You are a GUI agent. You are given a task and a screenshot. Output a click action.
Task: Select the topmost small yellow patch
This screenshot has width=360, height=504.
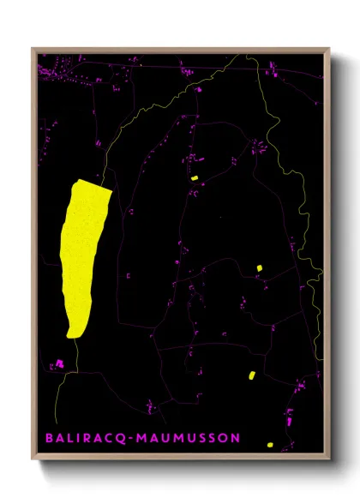[x=195, y=178]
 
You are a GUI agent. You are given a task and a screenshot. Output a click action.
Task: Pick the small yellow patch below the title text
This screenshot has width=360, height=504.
[x=270, y=445]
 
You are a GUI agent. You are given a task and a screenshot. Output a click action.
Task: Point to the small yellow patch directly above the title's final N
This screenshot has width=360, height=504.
[x=251, y=375]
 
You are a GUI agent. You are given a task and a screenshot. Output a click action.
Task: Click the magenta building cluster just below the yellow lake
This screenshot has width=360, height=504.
[x=60, y=364]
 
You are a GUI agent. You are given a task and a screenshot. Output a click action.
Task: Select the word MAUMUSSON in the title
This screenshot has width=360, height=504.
[x=185, y=439]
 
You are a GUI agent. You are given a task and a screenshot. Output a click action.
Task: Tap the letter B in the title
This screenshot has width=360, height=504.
[x=49, y=439]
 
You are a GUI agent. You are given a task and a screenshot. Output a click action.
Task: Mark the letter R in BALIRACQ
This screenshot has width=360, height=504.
[x=87, y=439]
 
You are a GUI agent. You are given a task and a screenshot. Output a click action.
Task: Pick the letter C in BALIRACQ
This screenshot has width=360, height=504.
[x=108, y=439]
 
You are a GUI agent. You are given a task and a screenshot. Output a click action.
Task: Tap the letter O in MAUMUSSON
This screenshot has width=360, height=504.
[x=222, y=439]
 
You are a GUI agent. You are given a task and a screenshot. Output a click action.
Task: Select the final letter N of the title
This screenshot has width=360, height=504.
[x=234, y=439]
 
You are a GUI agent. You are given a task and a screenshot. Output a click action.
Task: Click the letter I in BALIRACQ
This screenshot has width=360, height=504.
[x=79, y=439]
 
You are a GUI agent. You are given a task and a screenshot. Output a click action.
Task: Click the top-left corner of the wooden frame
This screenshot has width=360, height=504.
[x=32, y=49]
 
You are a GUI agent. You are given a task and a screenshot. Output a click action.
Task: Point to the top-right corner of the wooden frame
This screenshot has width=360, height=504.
[x=330, y=49]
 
